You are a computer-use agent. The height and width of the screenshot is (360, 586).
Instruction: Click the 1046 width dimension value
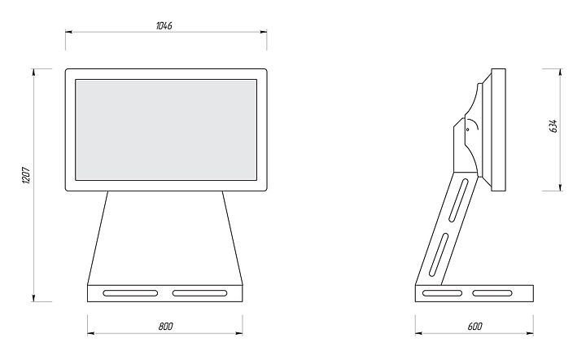click(x=164, y=25)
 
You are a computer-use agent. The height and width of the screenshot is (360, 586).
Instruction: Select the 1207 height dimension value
click(x=26, y=176)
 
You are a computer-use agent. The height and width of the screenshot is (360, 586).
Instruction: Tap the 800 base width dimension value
click(x=165, y=326)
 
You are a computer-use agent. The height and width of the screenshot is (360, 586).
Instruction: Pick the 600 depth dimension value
click(x=474, y=326)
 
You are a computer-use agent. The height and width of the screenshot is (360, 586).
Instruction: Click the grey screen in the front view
click(x=166, y=130)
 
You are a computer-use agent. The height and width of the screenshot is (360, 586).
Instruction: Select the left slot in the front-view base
click(x=130, y=292)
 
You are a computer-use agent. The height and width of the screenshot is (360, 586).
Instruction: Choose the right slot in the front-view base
click(x=200, y=292)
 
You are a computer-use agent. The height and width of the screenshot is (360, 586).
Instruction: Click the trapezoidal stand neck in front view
click(x=166, y=236)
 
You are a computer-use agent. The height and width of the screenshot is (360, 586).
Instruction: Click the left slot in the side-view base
click(x=444, y=292)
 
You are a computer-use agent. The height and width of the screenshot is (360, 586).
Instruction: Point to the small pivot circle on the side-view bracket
click(x=468, y=128)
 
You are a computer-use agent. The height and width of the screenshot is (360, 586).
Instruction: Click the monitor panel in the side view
click(x=497, y=129)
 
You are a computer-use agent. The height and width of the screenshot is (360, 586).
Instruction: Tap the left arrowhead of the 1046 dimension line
click(x=68, y=33)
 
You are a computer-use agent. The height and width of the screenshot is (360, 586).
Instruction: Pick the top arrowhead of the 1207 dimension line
click(x=34, y=72)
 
